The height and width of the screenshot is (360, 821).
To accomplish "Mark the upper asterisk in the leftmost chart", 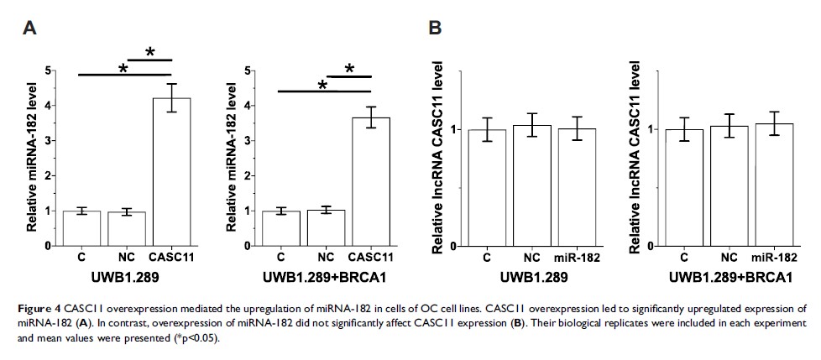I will click(x=152, y=52).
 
